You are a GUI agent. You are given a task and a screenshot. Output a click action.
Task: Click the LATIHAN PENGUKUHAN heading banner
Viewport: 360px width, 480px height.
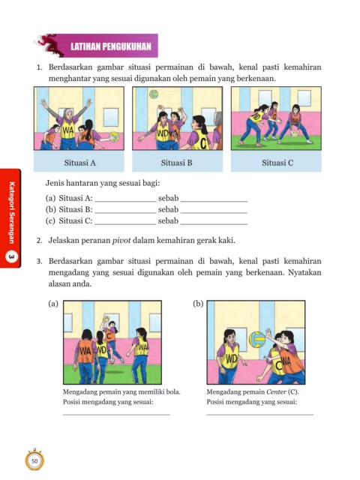(111, 46)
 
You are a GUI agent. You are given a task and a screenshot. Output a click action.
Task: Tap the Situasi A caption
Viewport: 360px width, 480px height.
(80, 163)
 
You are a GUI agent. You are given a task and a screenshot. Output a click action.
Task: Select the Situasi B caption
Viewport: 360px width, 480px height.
(177, 163)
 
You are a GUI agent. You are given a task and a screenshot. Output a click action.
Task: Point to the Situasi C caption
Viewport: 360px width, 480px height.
(277, 163)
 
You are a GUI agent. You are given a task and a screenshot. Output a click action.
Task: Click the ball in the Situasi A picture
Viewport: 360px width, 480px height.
(114, 136)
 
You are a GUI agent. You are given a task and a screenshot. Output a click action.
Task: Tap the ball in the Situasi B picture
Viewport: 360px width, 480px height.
(154, 94)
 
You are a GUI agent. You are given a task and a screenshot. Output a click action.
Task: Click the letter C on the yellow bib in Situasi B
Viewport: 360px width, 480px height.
(203, 142)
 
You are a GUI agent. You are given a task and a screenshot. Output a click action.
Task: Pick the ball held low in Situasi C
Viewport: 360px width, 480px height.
(295, 133)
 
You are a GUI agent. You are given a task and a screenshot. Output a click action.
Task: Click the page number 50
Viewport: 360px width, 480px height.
(34, 461)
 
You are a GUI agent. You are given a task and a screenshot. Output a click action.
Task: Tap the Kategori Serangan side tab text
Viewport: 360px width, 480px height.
(12, 213)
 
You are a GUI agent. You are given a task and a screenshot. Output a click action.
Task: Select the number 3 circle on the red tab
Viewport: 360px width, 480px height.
(11, 258)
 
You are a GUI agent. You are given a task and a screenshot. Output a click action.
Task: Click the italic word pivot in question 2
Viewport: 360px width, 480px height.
(121, 241)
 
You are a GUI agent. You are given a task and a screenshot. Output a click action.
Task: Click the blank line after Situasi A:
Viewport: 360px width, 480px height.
(125, 202)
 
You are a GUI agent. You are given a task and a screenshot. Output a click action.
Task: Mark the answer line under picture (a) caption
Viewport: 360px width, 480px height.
(116, 415)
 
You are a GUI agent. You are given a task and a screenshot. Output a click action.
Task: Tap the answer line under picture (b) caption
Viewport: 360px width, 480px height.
(260, 415)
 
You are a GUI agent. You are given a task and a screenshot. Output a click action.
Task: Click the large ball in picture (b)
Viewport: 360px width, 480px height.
(257, 340)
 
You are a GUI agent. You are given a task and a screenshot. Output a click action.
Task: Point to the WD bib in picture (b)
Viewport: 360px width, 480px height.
(232, 358)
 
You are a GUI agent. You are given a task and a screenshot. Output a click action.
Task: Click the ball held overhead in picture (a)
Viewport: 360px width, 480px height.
(106, 319)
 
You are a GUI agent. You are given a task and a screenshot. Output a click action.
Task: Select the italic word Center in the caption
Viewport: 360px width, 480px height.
(277, 391)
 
